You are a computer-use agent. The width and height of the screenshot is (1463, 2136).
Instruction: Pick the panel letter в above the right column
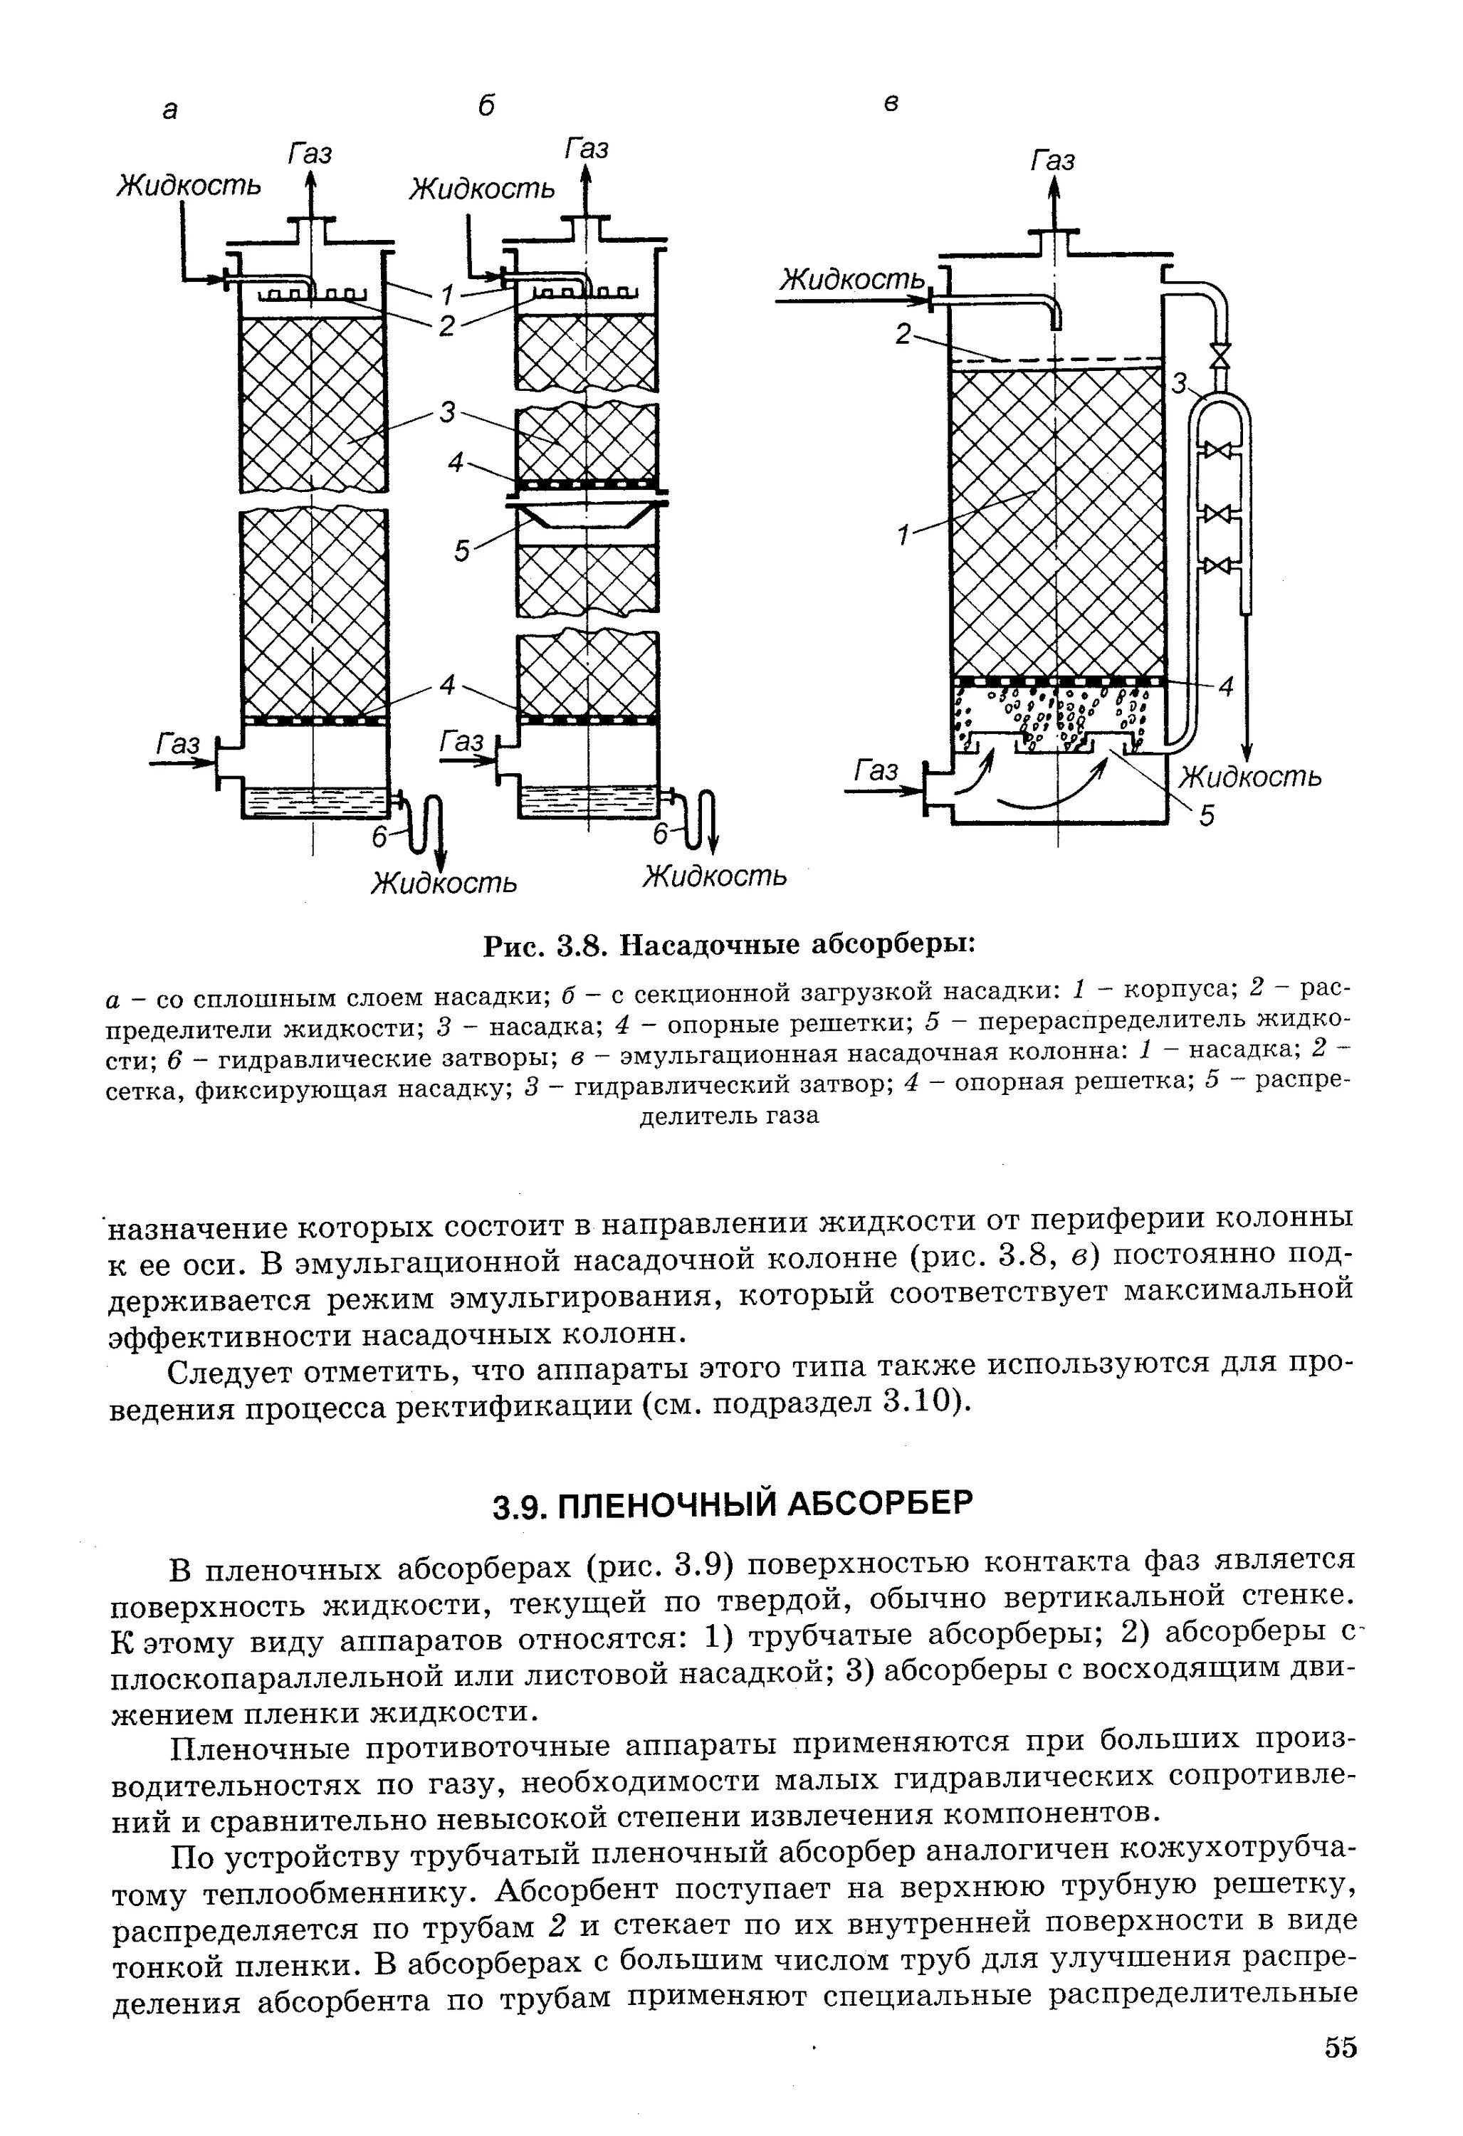891,104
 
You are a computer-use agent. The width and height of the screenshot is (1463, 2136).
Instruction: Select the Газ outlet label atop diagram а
310,152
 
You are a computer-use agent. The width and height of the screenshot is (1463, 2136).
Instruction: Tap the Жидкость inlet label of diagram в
851,278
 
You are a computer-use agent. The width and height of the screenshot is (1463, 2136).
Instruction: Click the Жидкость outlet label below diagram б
714,875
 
